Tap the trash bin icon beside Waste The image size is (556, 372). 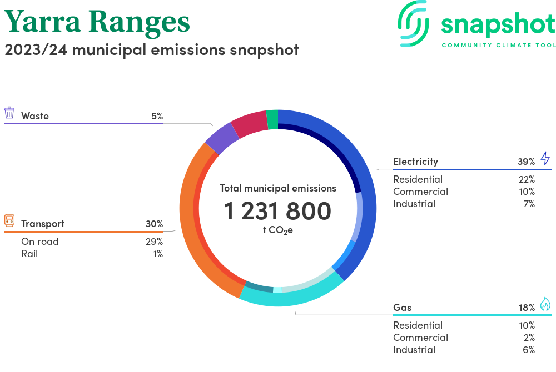point(9,113)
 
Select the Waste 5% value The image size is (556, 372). point(156,116)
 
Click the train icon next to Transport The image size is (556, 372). point(9,220)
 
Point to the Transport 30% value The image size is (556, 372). point(154,224)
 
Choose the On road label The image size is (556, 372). point(40,242)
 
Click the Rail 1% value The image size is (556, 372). point(158,254)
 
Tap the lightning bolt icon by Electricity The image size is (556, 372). point(545,158)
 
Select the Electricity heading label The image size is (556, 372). point(415,162)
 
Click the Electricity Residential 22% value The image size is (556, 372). point(526,179)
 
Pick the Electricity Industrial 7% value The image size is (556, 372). point(528,204)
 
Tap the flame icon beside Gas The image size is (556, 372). point(545,304)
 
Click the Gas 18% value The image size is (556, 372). point(526,308)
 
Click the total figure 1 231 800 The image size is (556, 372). point(277,212)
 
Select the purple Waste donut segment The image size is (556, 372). point(221,138)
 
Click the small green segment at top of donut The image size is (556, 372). point(272,119)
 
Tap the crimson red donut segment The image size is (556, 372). point(250,125)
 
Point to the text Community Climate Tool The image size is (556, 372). point(498,45)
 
